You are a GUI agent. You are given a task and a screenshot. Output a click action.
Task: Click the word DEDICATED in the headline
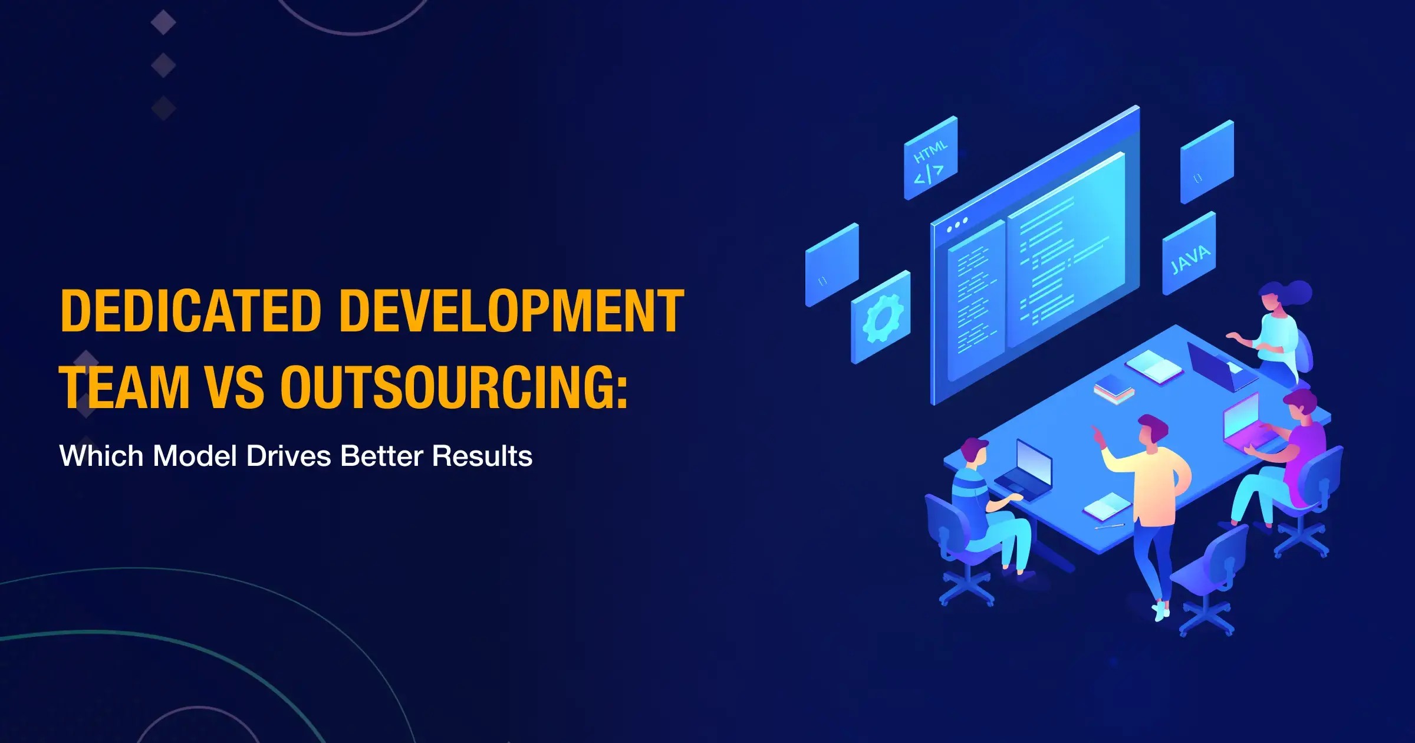191,311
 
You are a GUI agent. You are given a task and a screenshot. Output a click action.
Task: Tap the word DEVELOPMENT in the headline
512,311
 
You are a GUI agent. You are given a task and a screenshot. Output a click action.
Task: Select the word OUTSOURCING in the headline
454,387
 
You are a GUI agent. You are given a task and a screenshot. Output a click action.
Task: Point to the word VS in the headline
235,387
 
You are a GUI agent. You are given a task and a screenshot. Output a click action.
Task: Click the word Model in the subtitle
195,456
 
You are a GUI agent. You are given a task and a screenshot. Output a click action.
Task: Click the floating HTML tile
931,158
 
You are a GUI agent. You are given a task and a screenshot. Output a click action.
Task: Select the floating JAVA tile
1189,254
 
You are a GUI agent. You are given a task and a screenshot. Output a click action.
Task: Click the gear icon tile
881,317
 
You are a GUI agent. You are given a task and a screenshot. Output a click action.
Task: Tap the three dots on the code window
957,225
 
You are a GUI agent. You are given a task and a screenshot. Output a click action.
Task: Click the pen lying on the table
1110,525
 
